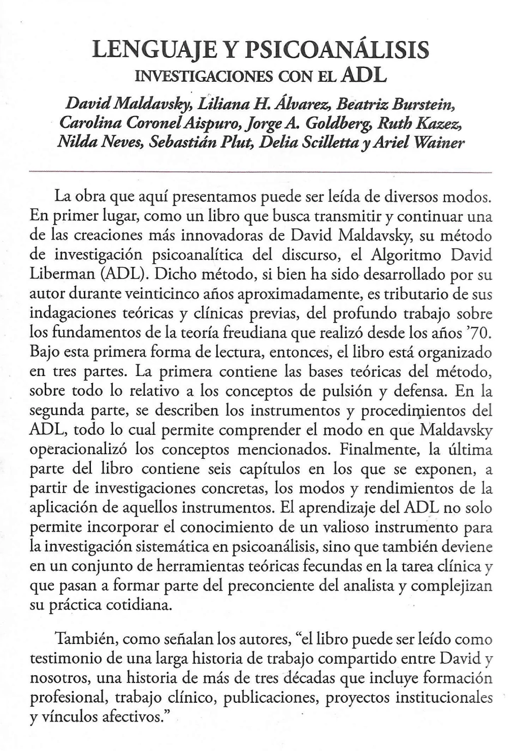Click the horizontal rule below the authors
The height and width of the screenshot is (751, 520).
(261, 173)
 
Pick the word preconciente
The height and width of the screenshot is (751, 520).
(290, 586)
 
